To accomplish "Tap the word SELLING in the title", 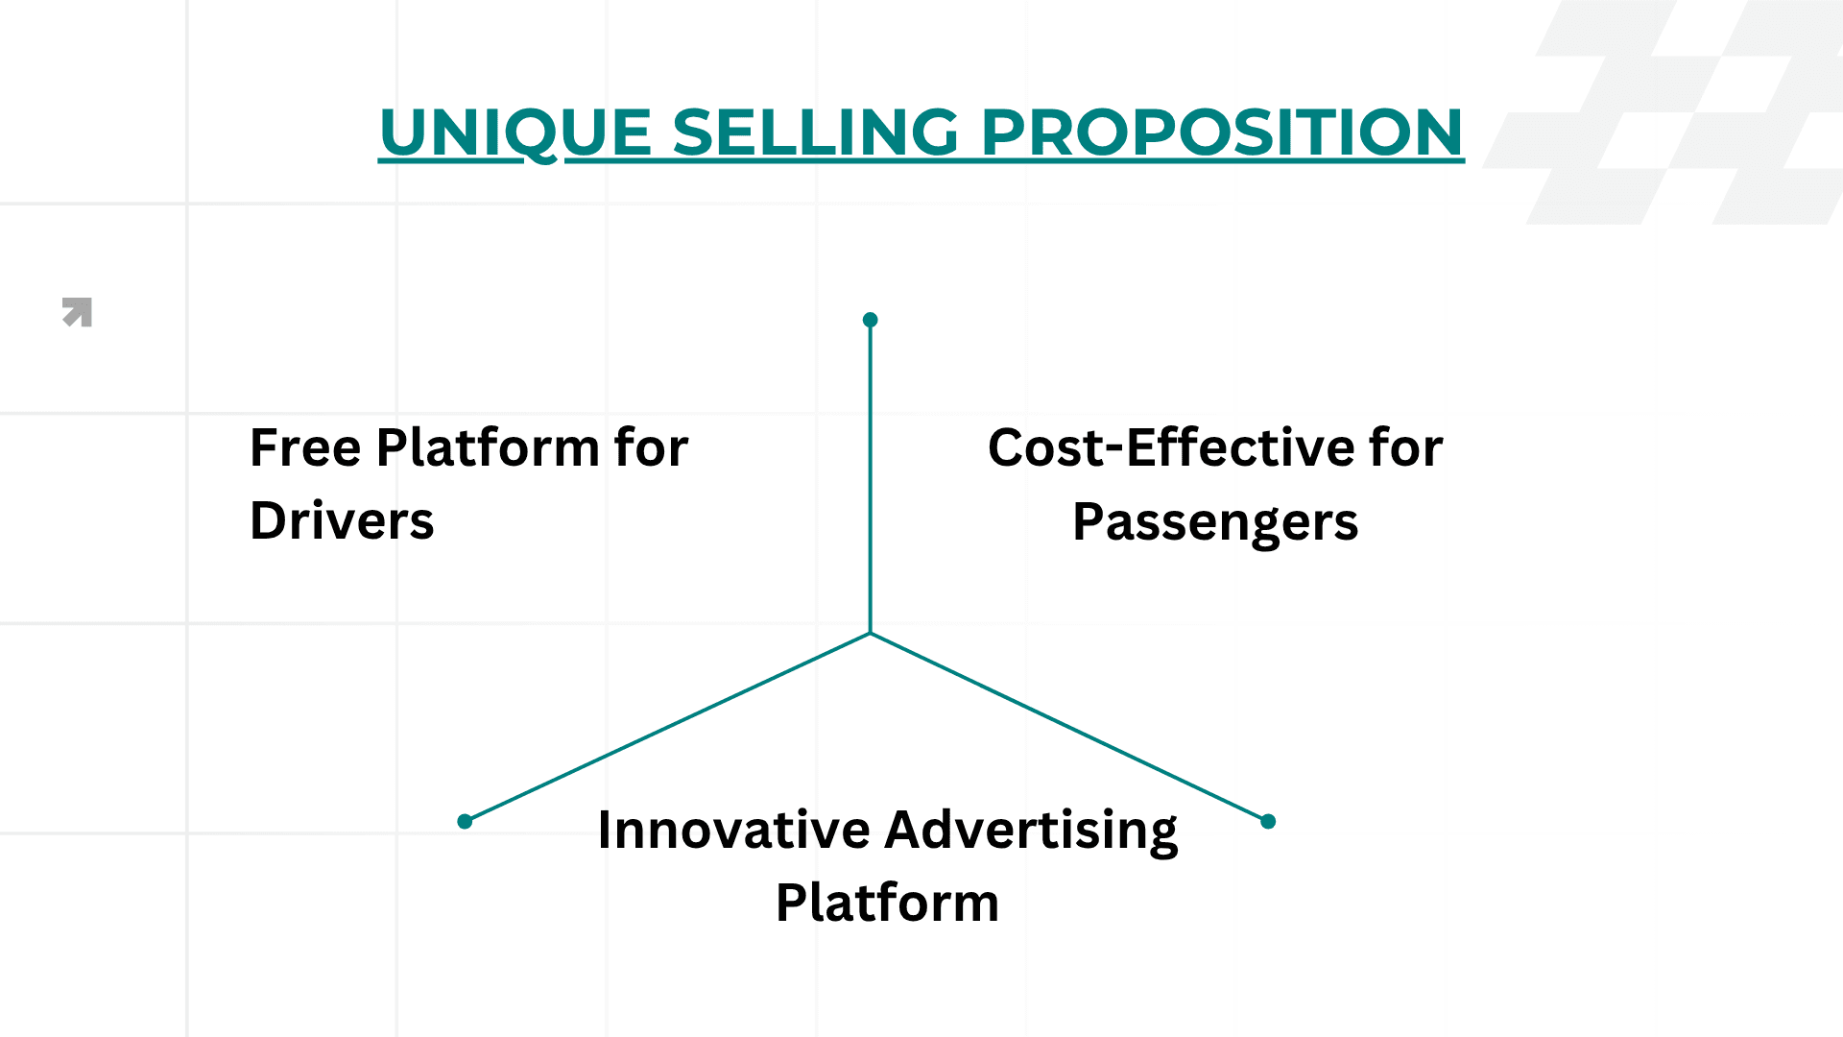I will (x=815, y=132).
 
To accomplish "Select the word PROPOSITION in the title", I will (x=1222, y=132).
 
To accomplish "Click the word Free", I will (x=305, y=447).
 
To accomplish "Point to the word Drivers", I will (x=342, y=520).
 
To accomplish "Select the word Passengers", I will (x=1215, y=522).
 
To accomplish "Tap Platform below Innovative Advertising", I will (x=887, y=903).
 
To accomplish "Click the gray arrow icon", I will (x=78, y=312).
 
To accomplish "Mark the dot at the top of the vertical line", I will (x=871, y=320).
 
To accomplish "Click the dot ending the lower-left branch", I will (x=466, y=821).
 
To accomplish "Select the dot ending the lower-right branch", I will (x=1268, y=821).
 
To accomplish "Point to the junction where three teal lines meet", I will (x=871, y=633).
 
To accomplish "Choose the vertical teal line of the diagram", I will (x=871, y=480).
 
